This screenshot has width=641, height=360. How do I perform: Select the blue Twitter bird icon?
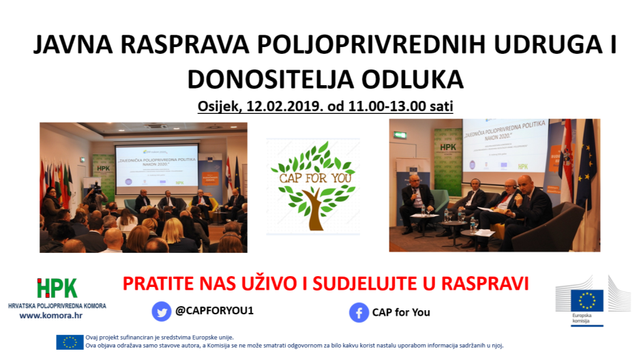[162, 312]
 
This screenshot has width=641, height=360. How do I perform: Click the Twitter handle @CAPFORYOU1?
[214, 311]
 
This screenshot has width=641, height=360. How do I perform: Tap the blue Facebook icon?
[359, 312]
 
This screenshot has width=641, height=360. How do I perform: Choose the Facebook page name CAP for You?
[401, 312]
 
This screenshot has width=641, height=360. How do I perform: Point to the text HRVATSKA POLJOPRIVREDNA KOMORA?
[57, 305]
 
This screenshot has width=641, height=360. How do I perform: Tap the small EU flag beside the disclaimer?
[70, 342]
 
